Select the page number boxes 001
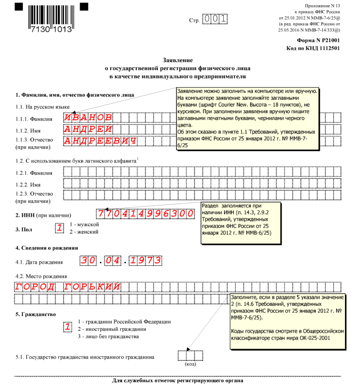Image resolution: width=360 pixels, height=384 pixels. (x=215, y=19)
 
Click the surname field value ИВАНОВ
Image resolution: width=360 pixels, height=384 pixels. (x=88, y=117)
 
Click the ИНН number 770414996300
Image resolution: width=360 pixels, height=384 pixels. (x=145, y=213)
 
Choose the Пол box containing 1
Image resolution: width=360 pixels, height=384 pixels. (x=60, y=228)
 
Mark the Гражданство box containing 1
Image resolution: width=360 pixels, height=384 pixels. (x=68, y=326)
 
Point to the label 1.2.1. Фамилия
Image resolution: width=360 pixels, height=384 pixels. (x=34, y=173)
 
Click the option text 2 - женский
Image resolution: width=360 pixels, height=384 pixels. (x=84, y=232)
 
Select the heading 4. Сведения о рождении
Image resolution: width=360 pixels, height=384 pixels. (x=46, y=247)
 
